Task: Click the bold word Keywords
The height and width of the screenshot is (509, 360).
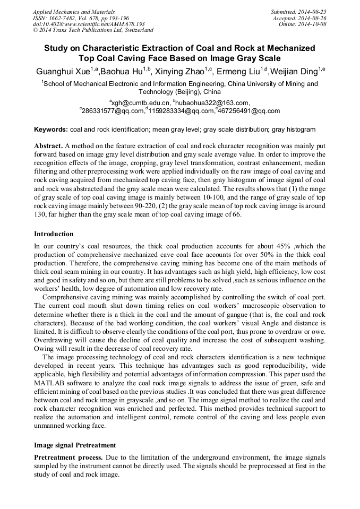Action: pos(51,130)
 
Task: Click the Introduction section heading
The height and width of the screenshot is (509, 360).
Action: pos(54,234)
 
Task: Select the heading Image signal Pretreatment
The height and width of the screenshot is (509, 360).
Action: pos(75,444)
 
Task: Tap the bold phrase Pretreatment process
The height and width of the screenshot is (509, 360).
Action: pos(68,457)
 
